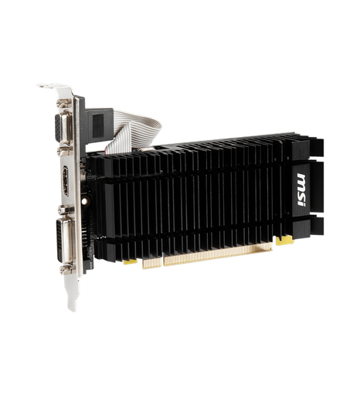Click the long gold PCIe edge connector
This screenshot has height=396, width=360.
point(209,254)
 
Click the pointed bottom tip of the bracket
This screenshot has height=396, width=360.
point(70,306)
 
